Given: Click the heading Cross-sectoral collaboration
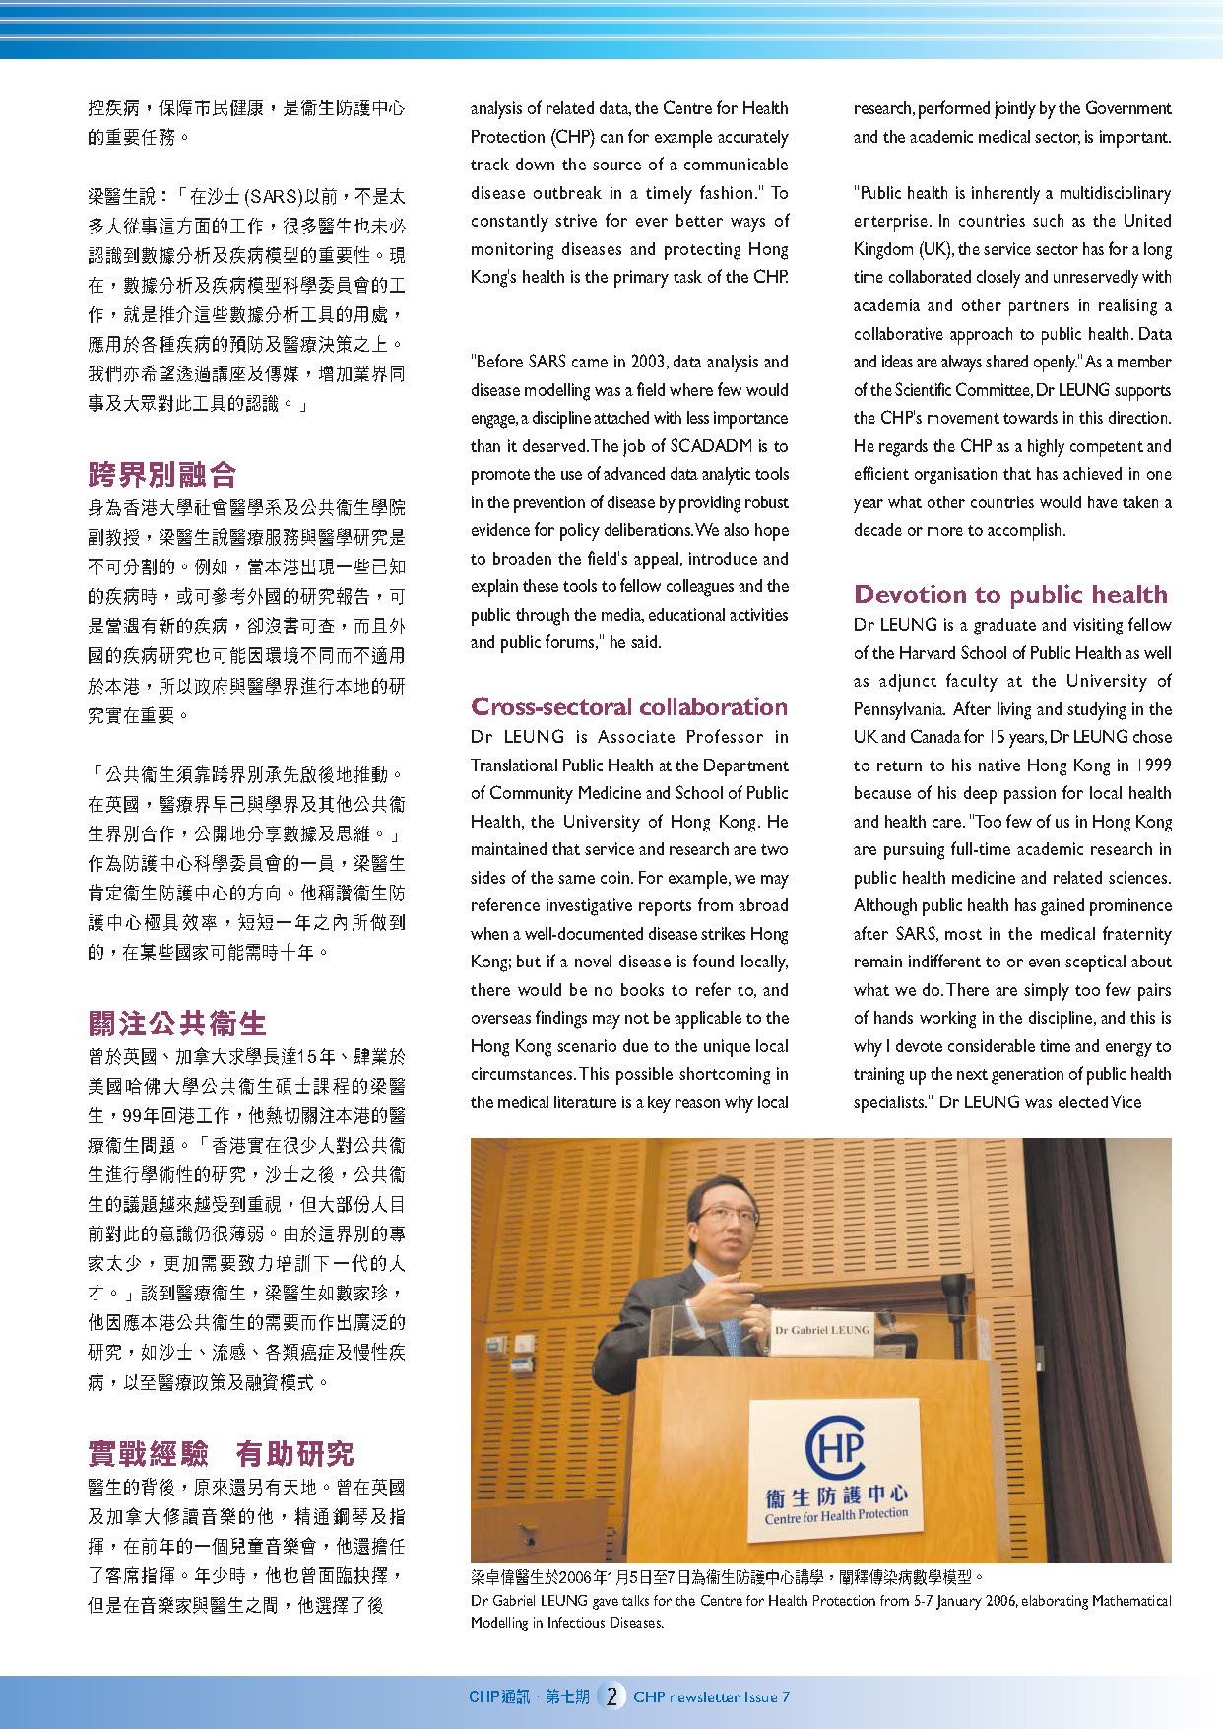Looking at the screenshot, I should [x=628, y=706].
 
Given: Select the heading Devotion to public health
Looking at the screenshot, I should [x=1010, y=594].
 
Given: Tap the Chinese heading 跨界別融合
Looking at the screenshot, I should [x=162, y=475].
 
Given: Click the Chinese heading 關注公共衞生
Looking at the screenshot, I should [x=177, y=1024].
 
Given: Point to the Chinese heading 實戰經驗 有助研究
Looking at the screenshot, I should [x=221, y=1453].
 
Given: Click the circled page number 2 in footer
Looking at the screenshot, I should [x=611, y=1696].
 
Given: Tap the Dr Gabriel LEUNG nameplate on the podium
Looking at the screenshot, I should [x=822, y=1329].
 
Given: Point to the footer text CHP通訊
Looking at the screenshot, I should [x=499, y=1696].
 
